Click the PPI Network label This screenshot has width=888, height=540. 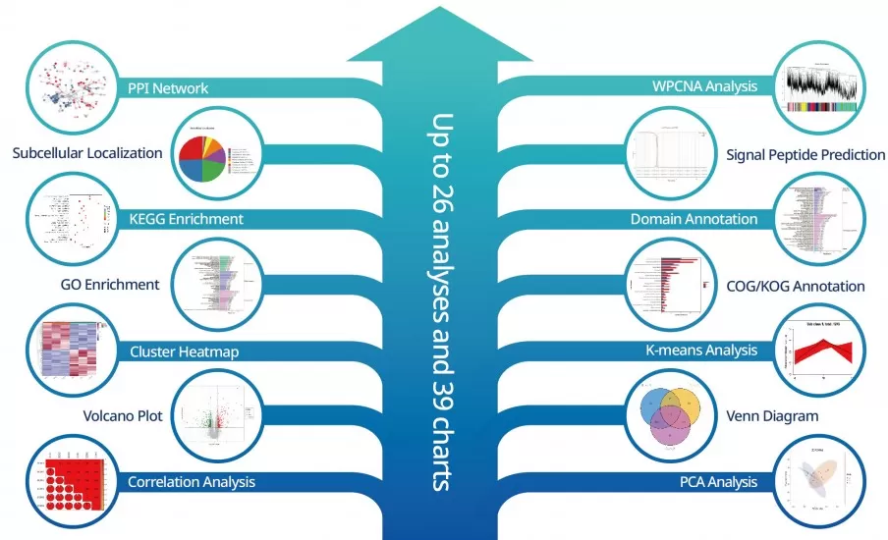(x=168, y=87)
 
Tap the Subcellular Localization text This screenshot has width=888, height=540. (x=87, y=153)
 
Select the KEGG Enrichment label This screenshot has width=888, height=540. (x=187, y=218)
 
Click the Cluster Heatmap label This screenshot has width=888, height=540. (x=185, y=351)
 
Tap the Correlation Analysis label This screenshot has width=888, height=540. (x=192, y=481)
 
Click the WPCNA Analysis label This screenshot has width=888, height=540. (x=705, y=86)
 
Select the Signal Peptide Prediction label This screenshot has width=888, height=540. (x=805, y=154)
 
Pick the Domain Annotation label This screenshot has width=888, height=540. (x=694, y=219)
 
